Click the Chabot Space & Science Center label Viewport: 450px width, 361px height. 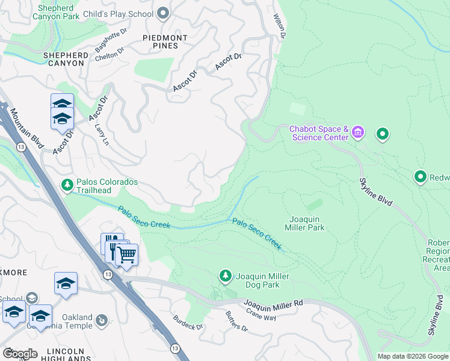319,133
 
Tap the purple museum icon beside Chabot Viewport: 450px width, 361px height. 359,132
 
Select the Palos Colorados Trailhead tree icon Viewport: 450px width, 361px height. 67,183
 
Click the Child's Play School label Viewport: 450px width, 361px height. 120,13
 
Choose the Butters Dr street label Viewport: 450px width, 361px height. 236,322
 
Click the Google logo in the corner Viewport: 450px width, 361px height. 19,353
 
